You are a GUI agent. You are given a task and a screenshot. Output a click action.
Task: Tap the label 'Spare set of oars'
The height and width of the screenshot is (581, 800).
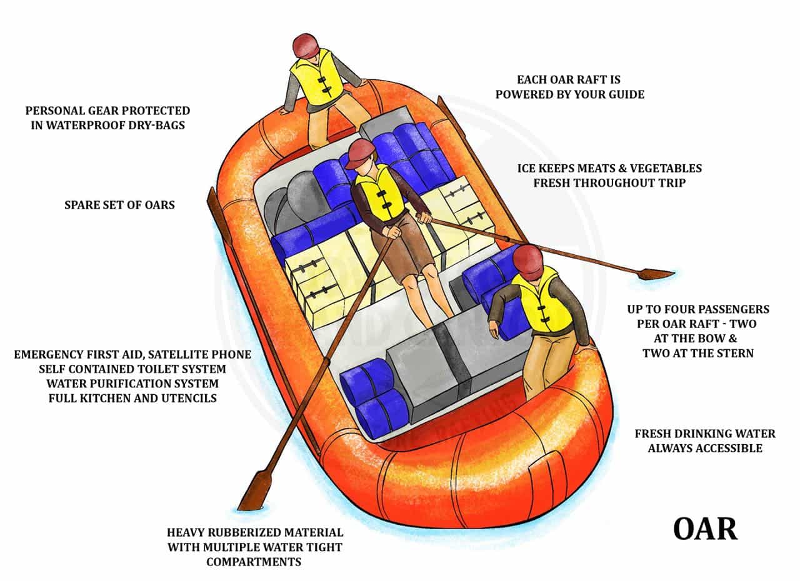coord(119,204)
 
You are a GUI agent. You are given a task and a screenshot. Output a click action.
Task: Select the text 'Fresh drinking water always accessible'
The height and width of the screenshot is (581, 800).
coord(705,440)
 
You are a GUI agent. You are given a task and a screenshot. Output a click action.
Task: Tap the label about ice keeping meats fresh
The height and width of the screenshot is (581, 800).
coord(609,176)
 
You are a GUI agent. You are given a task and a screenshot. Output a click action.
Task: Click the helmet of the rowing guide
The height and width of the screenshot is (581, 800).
coord(361,153)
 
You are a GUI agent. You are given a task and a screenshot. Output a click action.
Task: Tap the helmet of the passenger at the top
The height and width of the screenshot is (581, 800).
coord(307,46)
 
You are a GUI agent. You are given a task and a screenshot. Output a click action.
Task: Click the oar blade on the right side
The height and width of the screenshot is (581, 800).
coord(655,274)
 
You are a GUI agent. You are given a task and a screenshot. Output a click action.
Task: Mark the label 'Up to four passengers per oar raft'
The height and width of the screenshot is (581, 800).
coord(698,331)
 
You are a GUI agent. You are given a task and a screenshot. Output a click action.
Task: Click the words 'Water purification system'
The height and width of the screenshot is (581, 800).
coord(132,383)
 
